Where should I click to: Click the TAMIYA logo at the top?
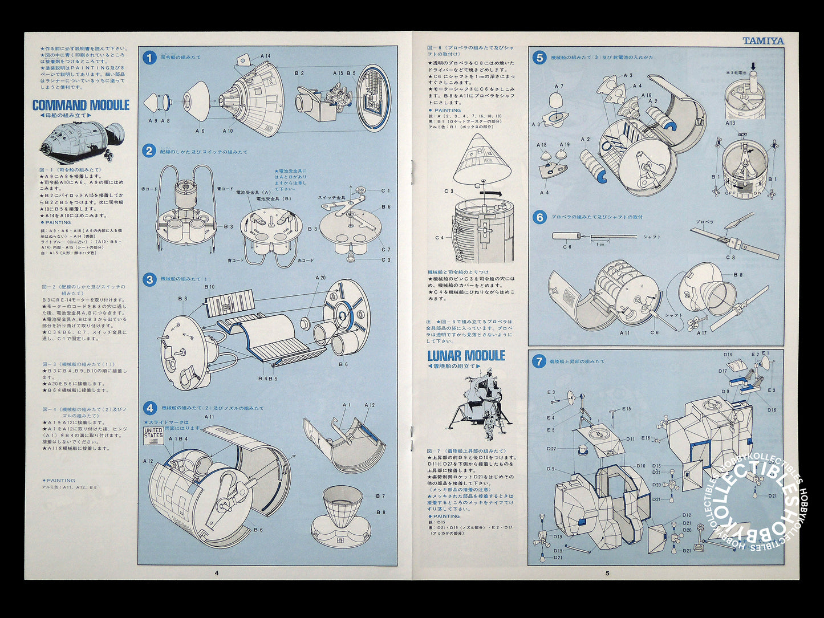coord(763,41)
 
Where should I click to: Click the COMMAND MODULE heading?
coord(80,105)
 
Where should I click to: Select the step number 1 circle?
coord(149,58)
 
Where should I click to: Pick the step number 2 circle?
coord(149,151)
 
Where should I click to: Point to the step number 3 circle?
coord(149,280)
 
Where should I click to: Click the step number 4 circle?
coord(149,408)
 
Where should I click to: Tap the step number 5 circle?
coord(539,57)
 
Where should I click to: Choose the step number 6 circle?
coord(539,217)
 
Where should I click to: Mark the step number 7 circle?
coord(539,361)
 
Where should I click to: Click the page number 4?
coord(216,573)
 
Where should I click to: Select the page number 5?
coord(607,573)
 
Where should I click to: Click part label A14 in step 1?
coord(265,56)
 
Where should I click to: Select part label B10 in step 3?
coord(209,287)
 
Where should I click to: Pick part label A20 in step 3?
coord(321,278)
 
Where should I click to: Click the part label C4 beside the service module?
coord(439,238)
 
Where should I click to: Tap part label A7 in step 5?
coord(559,87)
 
